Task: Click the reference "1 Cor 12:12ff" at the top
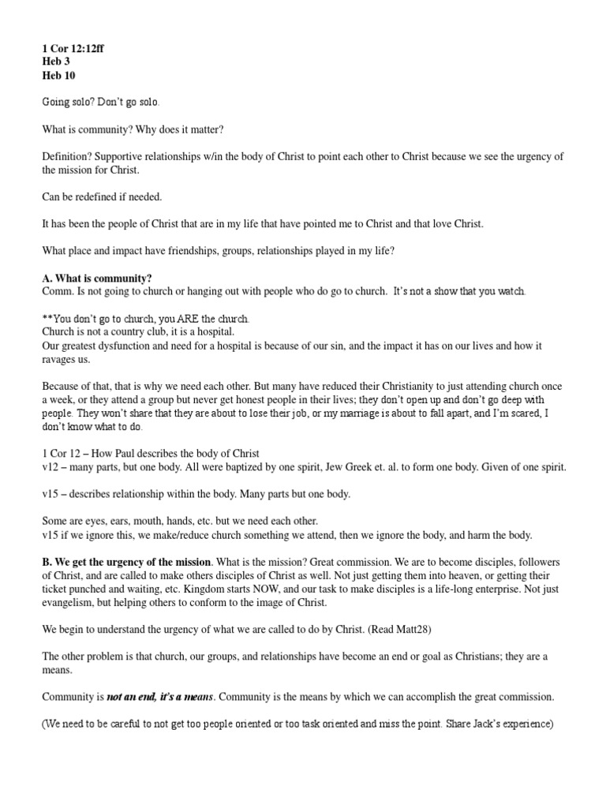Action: (x=73, y=48)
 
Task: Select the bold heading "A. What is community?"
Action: (x=97, y=279)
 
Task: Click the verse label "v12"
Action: (x=51, y=467)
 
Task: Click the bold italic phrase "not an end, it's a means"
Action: (x=157, y=697)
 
